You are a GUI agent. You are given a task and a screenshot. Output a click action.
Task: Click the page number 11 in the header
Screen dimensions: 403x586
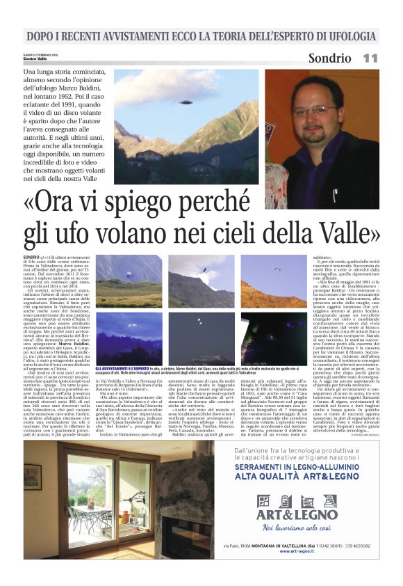click(370, 58)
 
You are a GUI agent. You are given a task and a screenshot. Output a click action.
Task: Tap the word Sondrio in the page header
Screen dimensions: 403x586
click(329, 58)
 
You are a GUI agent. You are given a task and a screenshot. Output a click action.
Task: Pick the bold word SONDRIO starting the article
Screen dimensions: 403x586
click(32, 258)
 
